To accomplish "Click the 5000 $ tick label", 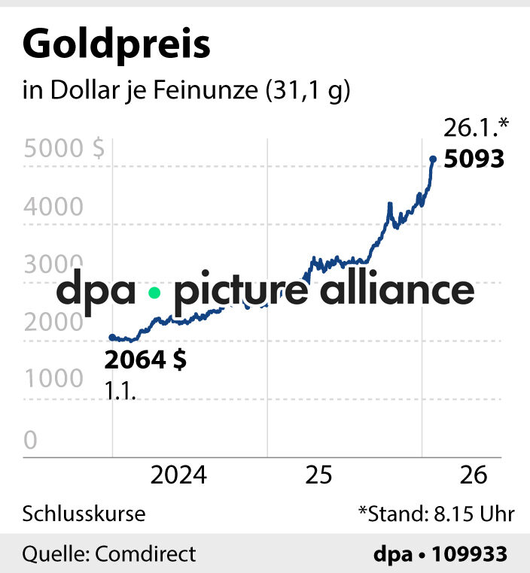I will coord(64,148).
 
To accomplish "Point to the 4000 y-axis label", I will coord(53,205).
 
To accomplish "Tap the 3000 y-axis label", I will coord(53,263).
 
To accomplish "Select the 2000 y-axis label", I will coord(53,321).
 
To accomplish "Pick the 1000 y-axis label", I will coord(53,379).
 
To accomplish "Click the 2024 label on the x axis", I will coord(178,475).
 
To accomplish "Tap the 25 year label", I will coord(319,475).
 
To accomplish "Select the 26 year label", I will coord(474,475).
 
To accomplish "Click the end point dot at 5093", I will coord(433,159).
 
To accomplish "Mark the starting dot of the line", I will coord(112,338).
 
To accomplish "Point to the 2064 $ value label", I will coord(145,360).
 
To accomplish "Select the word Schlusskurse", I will coord(84,514).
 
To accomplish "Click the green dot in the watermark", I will coord(154,293).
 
